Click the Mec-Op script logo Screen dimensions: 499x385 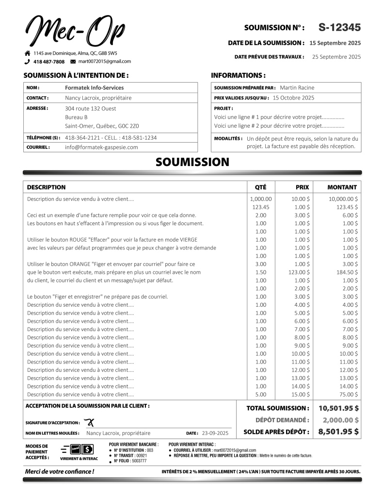click(x=75, y=30)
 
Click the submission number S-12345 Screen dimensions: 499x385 click(x=339, y=28)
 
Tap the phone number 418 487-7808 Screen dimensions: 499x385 click(x=48, y=62)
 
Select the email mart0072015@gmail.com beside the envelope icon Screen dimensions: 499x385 click(x=104, y=62)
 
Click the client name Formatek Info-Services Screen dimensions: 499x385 click(x=94, y=88)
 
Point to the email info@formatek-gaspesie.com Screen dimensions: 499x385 click(x=101, y=147)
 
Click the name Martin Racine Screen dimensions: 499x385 click(x=297, y=88)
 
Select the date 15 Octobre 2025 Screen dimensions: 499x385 click(x=293, y=98)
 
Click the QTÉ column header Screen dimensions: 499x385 click(x=260, y=187)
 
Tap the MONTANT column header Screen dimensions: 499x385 click(x=342, y=187)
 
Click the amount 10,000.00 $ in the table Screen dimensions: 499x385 click(x=343, y=199)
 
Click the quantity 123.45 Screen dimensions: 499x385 click(x=260, y=207)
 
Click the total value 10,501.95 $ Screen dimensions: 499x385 click(x=338, y=408)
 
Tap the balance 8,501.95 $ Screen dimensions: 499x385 click(x=338, y=432)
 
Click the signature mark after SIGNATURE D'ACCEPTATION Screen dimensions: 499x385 click(x=89, y=422)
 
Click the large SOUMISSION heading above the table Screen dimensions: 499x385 click(x=192, y=162)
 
